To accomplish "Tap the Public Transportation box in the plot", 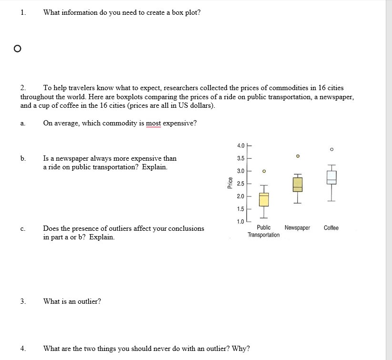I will coord(263,199).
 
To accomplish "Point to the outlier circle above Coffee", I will coord(332,149).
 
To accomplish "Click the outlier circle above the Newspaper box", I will coord(297,156).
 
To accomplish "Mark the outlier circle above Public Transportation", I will coord(263,171).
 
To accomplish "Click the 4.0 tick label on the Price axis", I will coord(240,145).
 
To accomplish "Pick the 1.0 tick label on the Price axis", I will coord(240,221).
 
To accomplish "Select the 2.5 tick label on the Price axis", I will coord(240,184).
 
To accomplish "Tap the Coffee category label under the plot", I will coord(331,228).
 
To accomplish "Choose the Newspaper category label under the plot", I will coord(297,228).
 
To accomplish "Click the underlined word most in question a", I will coord(153,123).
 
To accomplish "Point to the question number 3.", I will coord(22,301).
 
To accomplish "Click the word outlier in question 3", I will coord(86,301).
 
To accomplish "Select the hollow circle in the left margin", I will coord(17,48).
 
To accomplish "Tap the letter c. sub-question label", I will coord(22,229).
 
